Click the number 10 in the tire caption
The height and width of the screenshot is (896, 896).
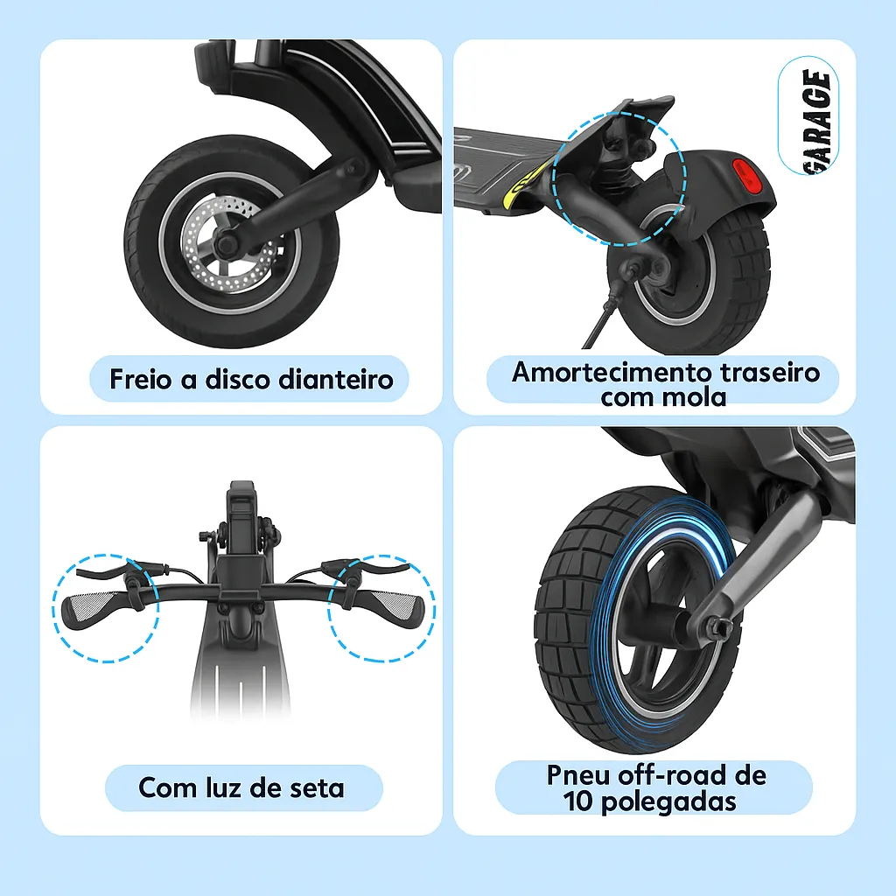pos(578,801)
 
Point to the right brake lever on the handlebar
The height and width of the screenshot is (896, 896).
pos(372,567)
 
